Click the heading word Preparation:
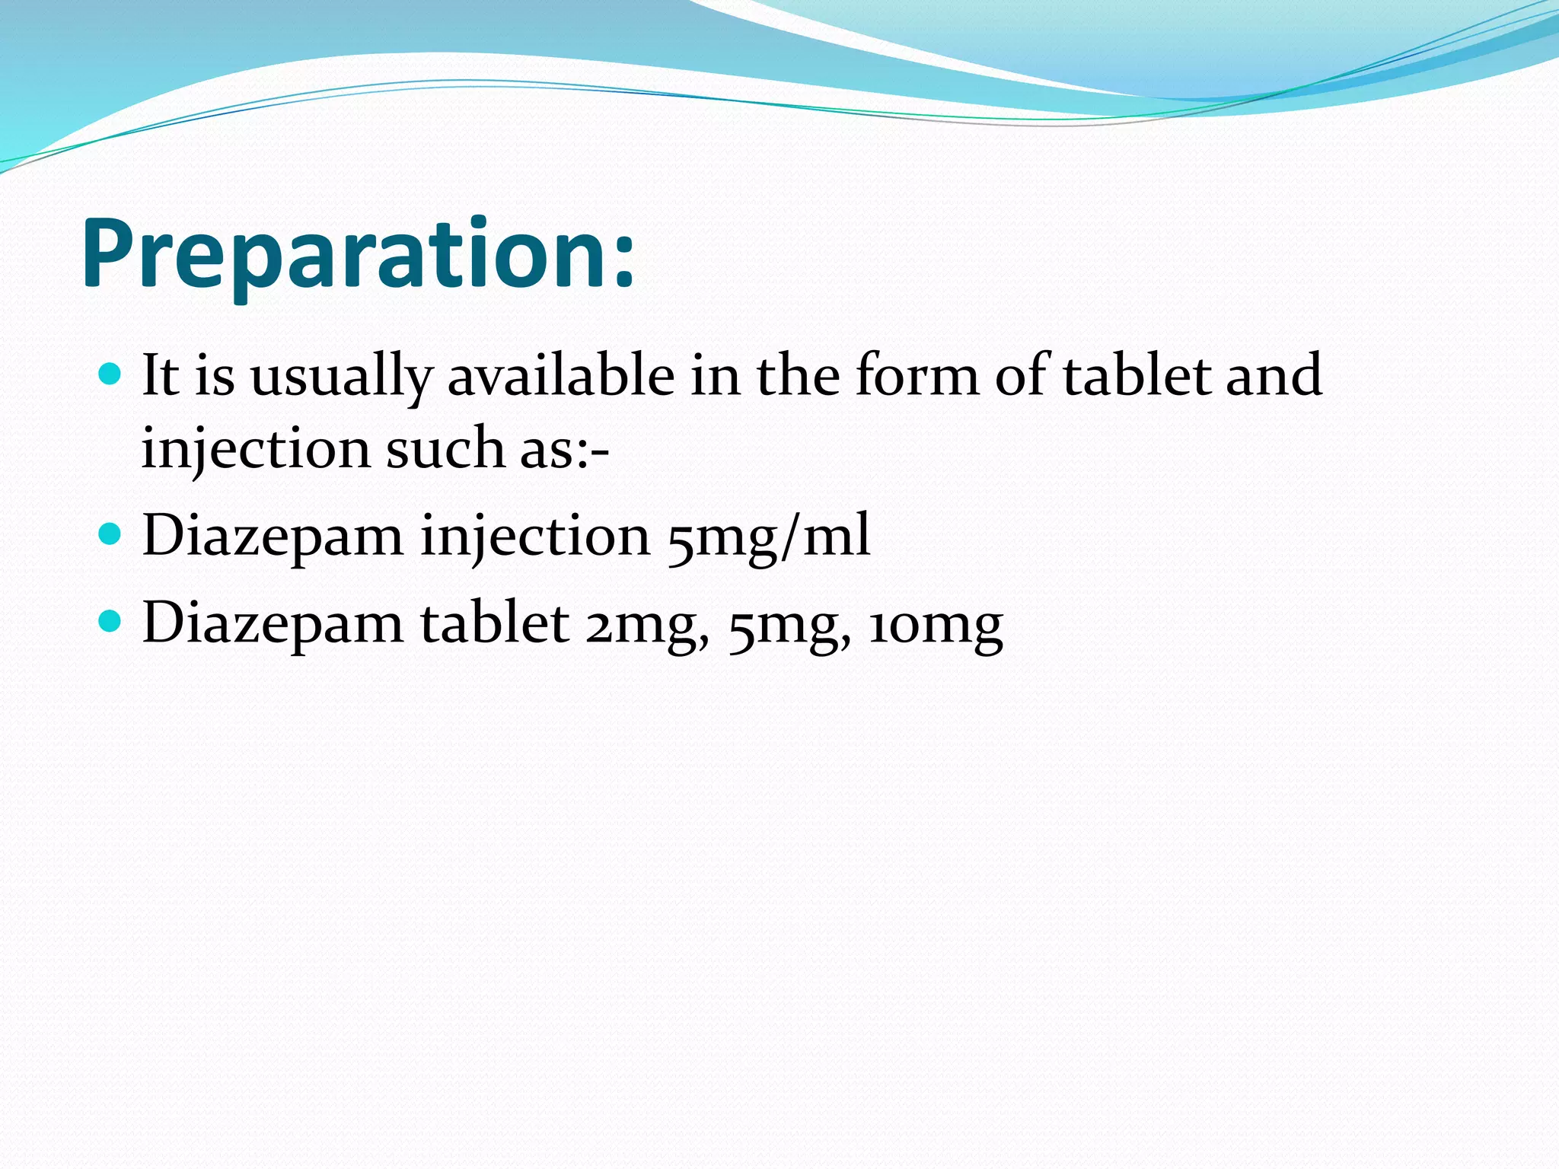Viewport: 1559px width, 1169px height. (358, 255)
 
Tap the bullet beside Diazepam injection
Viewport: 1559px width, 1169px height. (110, 534)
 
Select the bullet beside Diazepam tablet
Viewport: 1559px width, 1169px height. (110, 621)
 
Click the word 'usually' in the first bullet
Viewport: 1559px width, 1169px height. (340, 378)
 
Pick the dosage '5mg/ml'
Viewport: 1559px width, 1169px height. (768, 537)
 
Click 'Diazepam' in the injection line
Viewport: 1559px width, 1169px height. (273, 537)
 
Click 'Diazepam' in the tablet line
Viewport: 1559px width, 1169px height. (273, 624)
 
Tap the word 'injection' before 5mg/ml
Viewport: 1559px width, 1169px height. (535, 537)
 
